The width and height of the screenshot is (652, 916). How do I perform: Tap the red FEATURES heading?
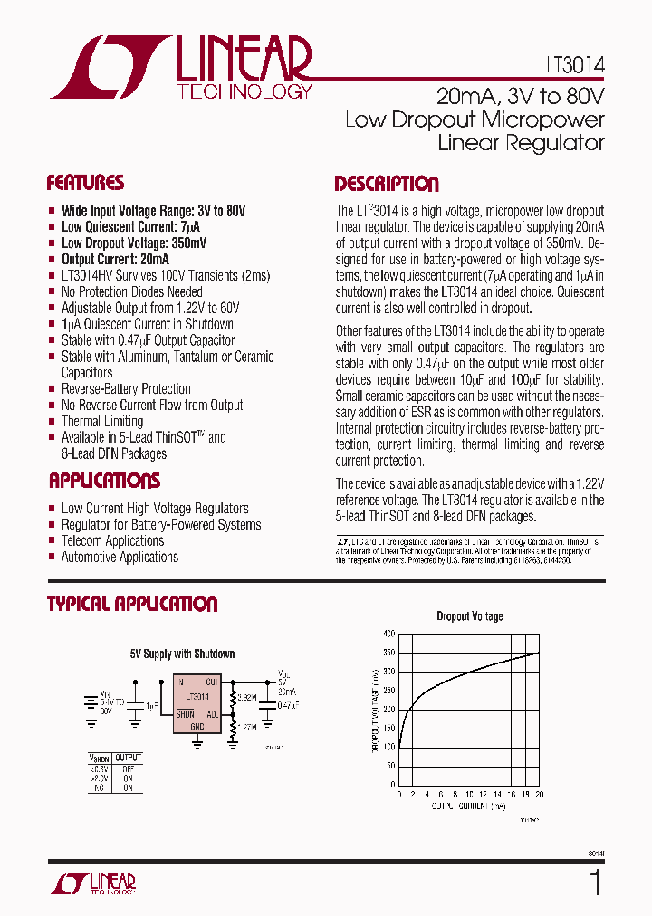pyautogui.click(x=85, y=183)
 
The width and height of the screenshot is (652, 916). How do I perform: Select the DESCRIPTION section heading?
pyautogui.click(x=387, y=184)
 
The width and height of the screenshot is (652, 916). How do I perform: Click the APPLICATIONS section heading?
pyautogui.click(x=104, y=481)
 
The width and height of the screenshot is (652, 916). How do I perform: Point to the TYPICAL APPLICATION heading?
pyautogui.click(x=132, y=604)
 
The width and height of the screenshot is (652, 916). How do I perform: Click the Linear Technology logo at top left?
pyautogui.click(x=181, y=68)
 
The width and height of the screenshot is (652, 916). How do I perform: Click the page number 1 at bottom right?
pyautogui.click(x=595, y=882)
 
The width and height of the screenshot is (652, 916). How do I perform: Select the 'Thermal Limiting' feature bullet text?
pyautogui.click(x=101, y=421)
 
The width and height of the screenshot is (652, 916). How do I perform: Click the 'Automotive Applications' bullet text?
pyautogui.click(x=120, y=557)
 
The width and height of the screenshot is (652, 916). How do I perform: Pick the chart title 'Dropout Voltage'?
pyautogui.click(x=470, y=616)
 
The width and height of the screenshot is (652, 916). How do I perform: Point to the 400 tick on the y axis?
pyautogui.click(x=388, y=634)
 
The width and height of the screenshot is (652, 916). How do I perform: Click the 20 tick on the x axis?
pyautogui.click(x=539, y=794)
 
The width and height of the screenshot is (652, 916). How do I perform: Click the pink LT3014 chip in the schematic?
pyautogui.click(x=197, y=703)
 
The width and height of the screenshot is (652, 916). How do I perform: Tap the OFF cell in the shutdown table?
pyautogui.click(x=128, y=768)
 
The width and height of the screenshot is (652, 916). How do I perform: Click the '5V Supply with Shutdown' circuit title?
pyautogui.click(x=183, y=654)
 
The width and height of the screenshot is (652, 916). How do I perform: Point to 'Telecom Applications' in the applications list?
pyautogui.click(x=112, y=540)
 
